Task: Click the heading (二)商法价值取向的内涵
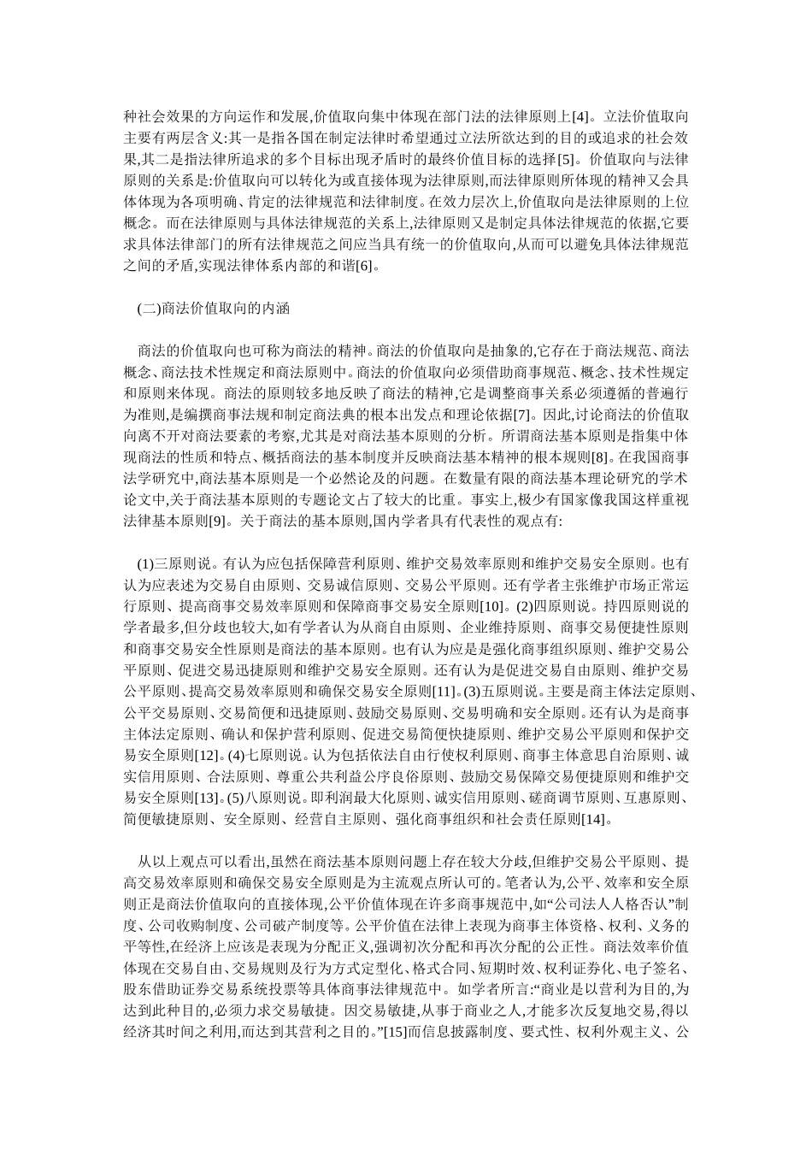[x=213, y=309]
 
